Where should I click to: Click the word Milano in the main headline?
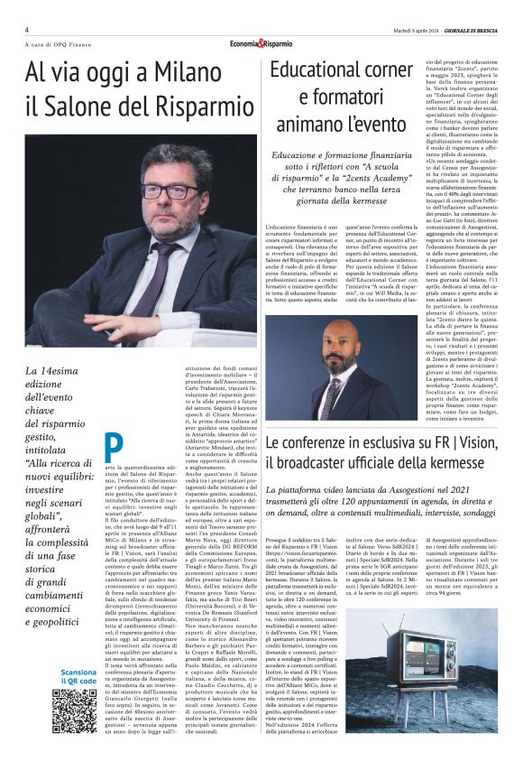[188, 72]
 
